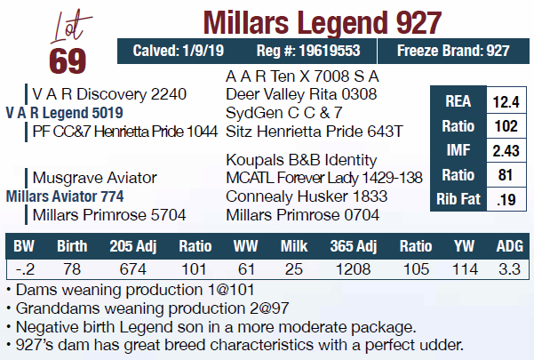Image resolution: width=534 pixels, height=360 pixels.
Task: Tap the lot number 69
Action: click(68, 60)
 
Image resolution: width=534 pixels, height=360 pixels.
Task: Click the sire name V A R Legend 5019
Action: click(64, 113)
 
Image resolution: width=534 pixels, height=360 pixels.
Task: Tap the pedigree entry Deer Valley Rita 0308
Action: click(301, 93)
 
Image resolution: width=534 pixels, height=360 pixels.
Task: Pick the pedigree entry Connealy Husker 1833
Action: click(307, 196)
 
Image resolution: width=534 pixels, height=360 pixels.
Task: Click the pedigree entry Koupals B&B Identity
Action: click(302, 160)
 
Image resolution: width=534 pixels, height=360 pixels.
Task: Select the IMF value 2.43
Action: click(504, 151)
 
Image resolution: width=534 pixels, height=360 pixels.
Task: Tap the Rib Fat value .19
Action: click(504, 199)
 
